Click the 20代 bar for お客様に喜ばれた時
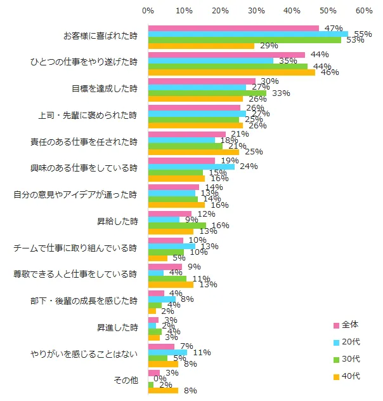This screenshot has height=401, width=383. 248,34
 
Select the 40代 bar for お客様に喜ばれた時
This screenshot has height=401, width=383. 201,46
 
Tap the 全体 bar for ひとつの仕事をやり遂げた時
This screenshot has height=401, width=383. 226,55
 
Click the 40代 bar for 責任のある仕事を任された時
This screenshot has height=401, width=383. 193,152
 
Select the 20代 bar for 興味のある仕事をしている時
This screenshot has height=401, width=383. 191,167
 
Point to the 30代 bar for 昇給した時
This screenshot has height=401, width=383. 177,226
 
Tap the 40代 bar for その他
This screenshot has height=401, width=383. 163,391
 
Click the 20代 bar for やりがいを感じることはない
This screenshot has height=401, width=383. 167,352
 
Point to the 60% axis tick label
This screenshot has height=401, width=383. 363,11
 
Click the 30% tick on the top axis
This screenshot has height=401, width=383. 256,11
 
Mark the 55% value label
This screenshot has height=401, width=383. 363,34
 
